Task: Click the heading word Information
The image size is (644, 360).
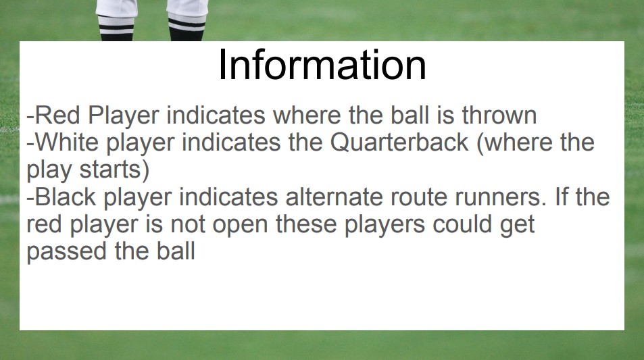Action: (322, 65)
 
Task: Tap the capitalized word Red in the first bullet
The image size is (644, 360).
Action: (57, 115)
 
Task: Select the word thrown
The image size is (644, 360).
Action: (499, 115)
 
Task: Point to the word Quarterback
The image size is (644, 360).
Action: (399, 142)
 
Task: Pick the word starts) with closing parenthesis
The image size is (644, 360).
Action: (114, 170)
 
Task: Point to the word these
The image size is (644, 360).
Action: (306, 224)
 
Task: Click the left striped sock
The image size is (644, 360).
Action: (116, 28)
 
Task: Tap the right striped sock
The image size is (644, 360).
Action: (187, 27)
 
